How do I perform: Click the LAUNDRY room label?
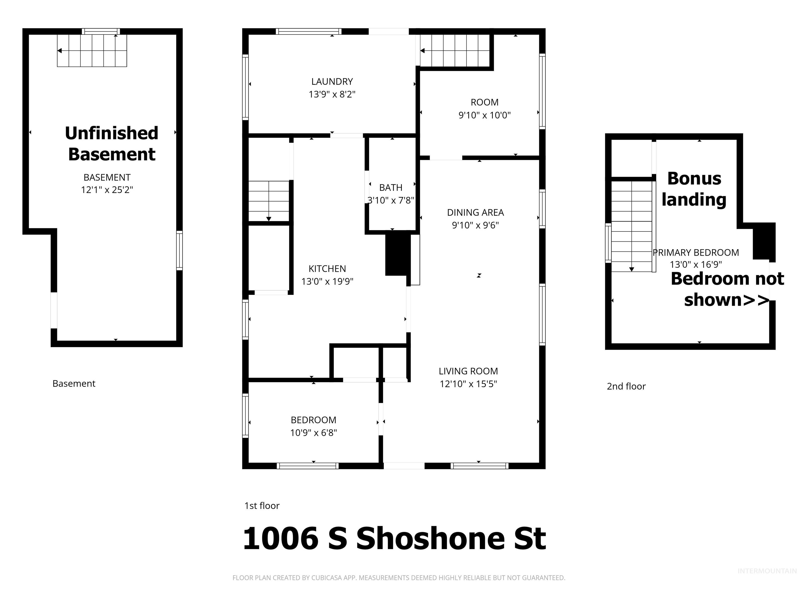(x=332, y=82)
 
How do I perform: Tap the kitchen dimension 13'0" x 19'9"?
(x=327, y=282)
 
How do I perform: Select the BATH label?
(x=391, y=188)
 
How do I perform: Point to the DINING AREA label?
(x=475, y=213)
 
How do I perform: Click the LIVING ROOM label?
(x=468, y=371)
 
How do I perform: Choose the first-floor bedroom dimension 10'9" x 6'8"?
(x=314, y=433)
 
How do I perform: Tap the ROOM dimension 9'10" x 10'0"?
(x=484, y=115)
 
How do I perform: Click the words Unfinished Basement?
(x=112, y=144)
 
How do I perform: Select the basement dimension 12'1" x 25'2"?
(x=107, y=190)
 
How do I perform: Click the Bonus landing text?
(x=694, y=189)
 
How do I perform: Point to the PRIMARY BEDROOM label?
(x=696, y=253)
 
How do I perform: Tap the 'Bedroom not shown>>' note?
(x=727, y=289)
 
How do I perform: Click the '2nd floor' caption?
(x=626, y=386)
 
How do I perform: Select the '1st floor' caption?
(x=262, y=506)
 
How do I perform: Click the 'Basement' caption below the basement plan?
(x=74, y=384)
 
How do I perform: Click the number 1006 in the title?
(x=281, y=539)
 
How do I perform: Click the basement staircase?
(x=92, y=50)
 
